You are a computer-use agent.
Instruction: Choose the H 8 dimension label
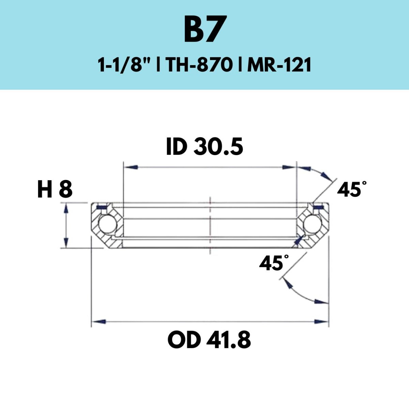55,189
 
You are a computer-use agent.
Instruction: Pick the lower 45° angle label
274,263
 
